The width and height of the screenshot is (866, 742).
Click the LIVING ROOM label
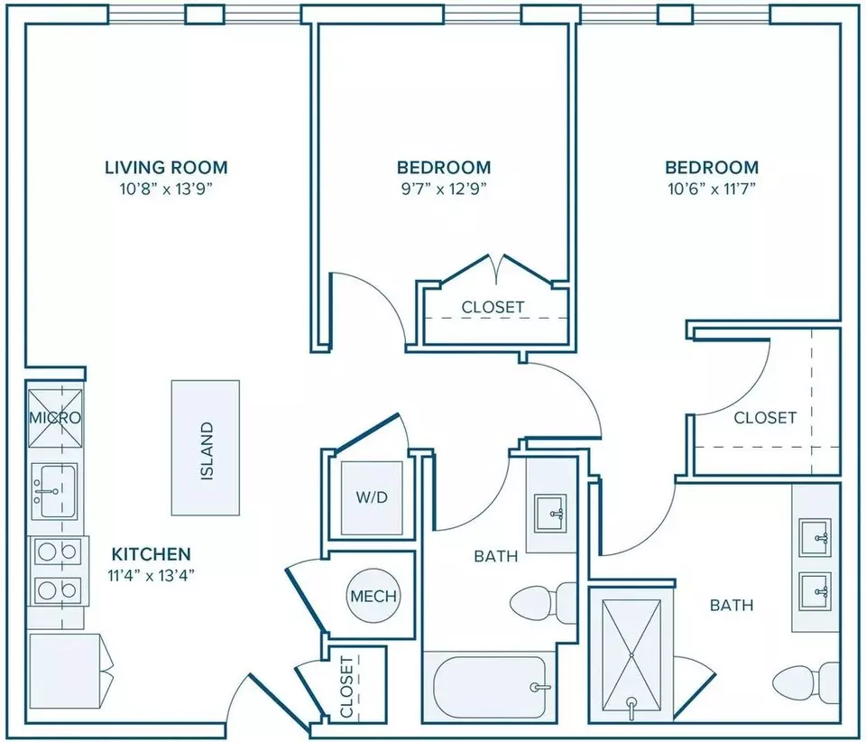[x=166, y=167]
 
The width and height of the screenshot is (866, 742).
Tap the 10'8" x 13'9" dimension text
[x=166, y=189]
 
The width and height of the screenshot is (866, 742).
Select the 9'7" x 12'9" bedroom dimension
[x=444, y=189]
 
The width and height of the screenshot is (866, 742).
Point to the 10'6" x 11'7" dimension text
[x=712, y=189]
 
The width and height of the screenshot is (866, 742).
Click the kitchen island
[x=206, y=448]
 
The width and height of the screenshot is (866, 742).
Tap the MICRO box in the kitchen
[x=55, y=418]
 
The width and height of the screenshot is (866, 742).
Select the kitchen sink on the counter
[x=54, y=491]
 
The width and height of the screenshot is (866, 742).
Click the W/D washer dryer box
[x=372, y=497]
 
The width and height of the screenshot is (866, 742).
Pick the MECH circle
[x=373, y=596]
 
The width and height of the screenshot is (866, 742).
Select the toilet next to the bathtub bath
[x=543, y=603]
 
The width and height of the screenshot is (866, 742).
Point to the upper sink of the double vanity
[x=815, y=538]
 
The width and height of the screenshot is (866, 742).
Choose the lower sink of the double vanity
[x=815, y=592]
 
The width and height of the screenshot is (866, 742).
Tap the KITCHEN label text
[x=152, y=553]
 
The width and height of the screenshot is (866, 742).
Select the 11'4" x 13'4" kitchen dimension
[x=152, y=576]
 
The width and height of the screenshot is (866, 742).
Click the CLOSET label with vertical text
[x=346, y=687]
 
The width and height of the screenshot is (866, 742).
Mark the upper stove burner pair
[x=56, y=551]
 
